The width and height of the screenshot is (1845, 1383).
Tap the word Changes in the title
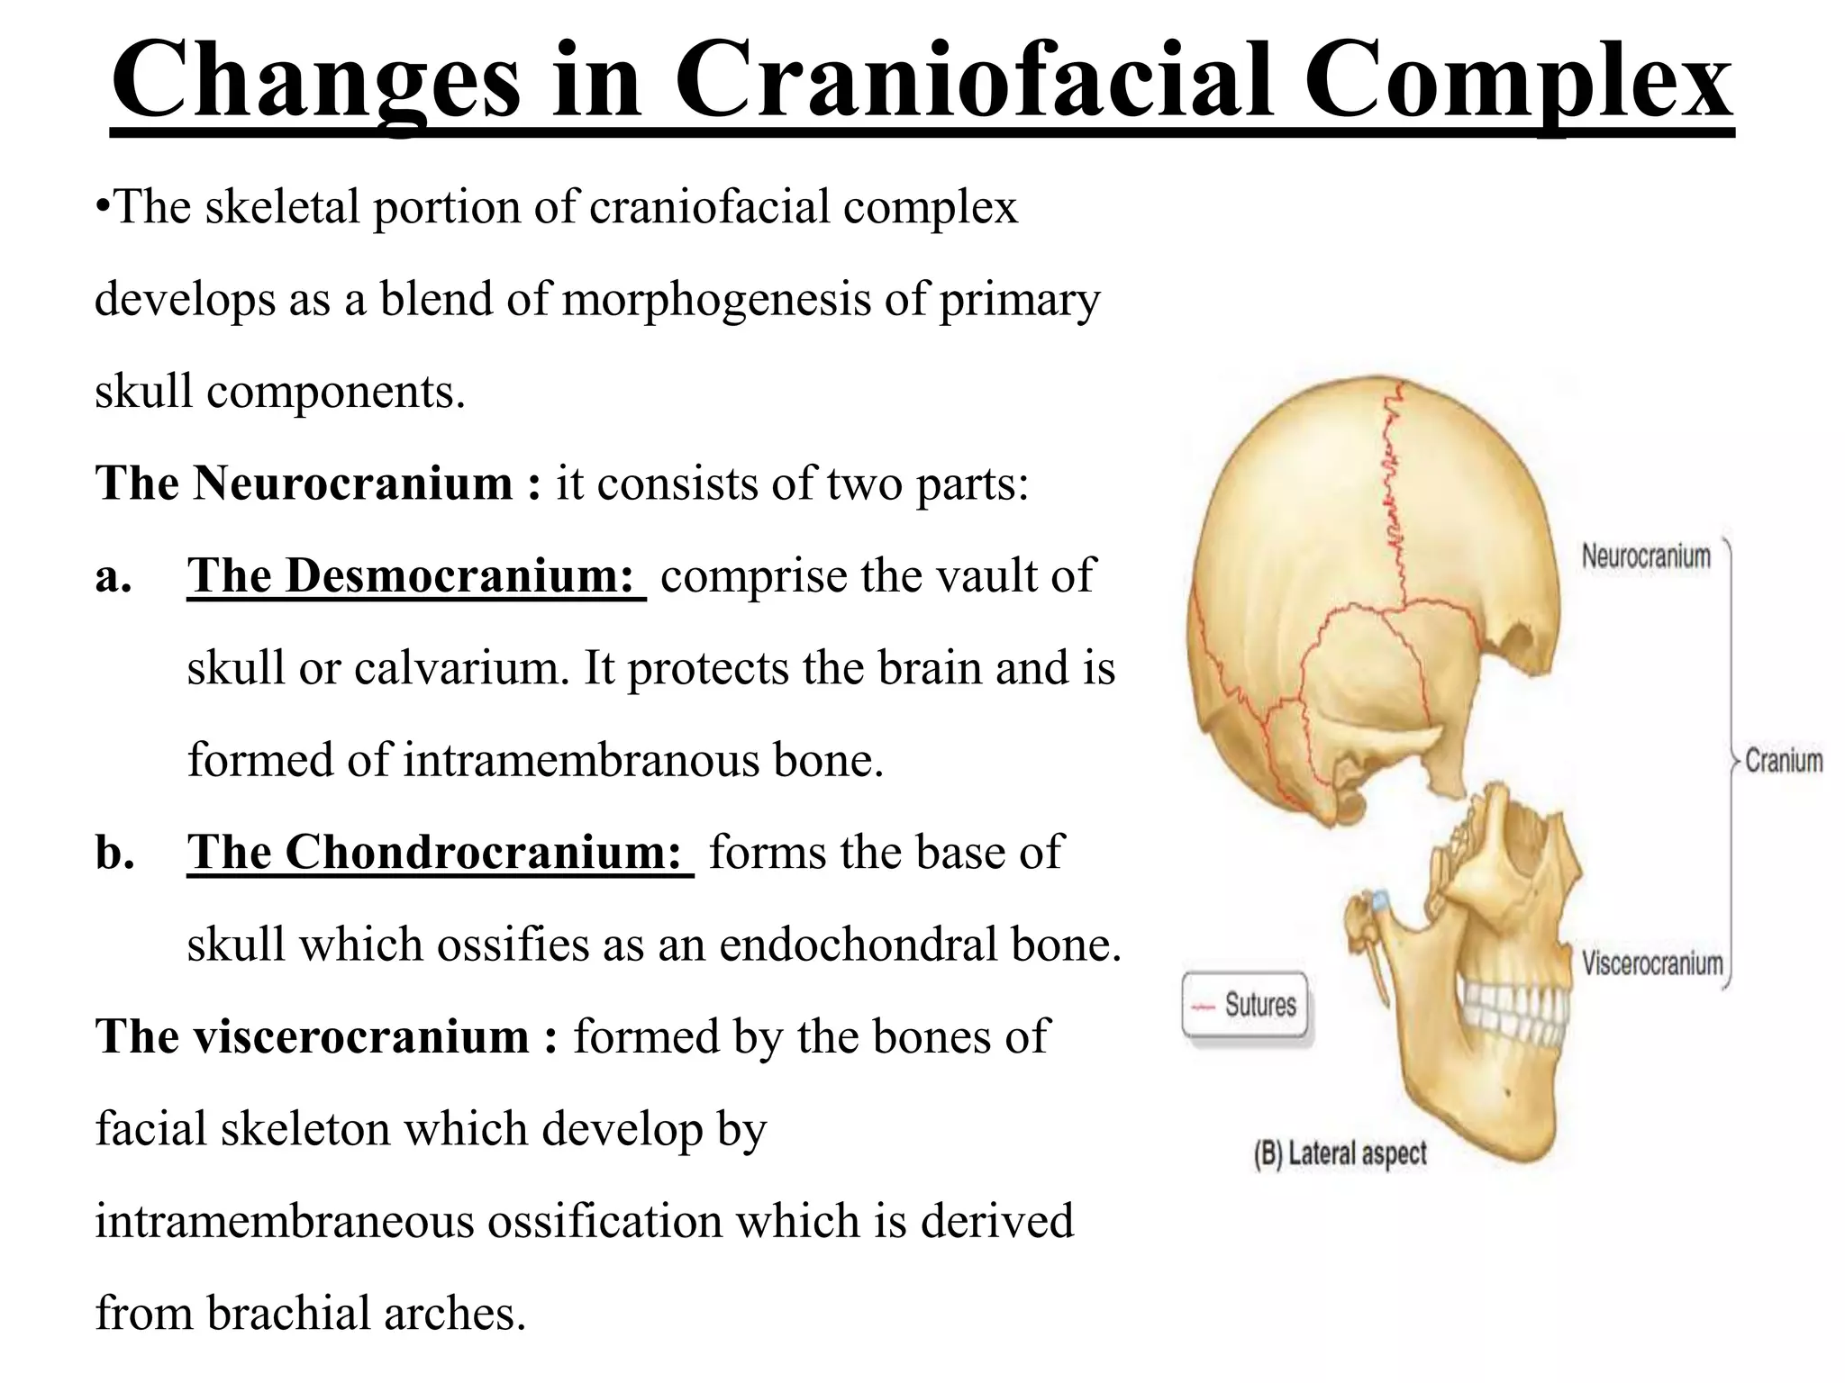(x=315, y=83)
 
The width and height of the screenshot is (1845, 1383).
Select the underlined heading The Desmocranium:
(x=415, y=576)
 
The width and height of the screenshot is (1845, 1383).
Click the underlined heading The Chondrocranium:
(x=440, y=852)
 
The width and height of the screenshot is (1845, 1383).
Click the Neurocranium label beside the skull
(x=1646, y=556)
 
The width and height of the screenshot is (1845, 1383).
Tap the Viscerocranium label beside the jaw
(x=1652, y=964)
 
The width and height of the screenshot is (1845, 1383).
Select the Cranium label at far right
(x=1784, y=761)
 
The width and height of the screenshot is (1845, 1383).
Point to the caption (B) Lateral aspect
(x=1341, y=1153)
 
